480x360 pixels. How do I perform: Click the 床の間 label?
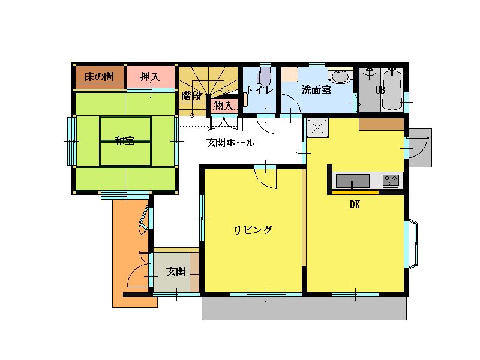coord(99,77)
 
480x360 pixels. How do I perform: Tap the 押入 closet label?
coord(150,77)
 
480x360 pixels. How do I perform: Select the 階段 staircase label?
coord(191,96)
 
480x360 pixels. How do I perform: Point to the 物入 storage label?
coord(223,106)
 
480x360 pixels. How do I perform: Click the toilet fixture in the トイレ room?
coord(265,77)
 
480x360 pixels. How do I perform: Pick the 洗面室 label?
coord(316,90)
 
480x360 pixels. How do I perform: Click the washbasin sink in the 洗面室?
coord(340,76)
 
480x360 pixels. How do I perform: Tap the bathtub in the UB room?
coord(392,89)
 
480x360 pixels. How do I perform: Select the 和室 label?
coord(125,141)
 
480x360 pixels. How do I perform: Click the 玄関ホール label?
coord(230,142)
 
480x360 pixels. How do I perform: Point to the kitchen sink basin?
coord(353,181)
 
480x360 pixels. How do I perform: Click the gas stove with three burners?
coord(391,181)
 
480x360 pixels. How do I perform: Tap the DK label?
coord(355,205)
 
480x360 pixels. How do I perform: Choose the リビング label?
coord(253,230)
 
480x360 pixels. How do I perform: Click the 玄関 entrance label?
coord(176,272)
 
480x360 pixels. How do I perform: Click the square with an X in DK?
coord(317,127)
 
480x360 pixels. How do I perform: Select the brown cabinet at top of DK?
coord(382,124)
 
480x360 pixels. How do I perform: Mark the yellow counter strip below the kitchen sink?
coord(355,193)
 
